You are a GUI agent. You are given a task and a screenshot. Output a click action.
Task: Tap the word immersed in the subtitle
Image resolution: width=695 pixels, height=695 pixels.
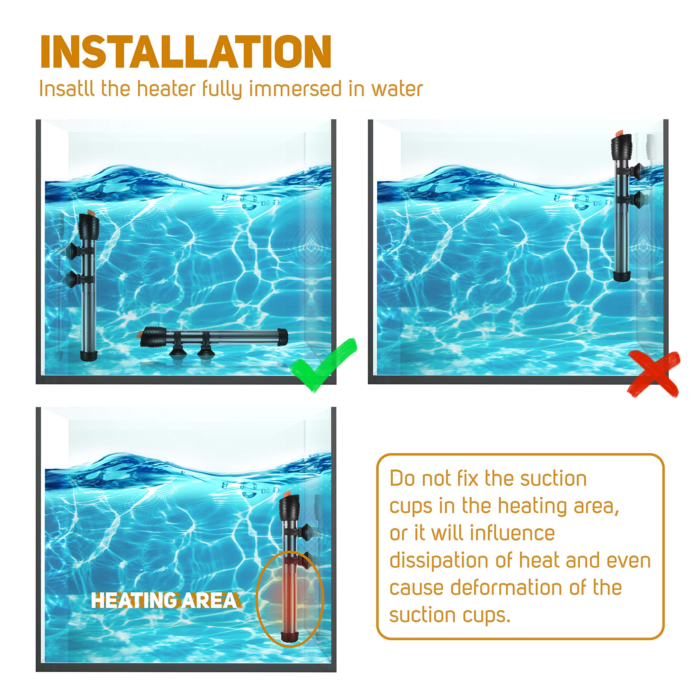pos(295,89)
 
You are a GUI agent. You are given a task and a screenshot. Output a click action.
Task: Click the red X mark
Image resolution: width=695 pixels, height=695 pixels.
pos(653,374)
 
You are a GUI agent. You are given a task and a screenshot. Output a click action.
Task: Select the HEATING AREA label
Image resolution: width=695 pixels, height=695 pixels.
pos(164,601)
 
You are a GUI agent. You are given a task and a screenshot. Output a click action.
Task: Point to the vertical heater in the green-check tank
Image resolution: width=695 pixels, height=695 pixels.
pos(88,288)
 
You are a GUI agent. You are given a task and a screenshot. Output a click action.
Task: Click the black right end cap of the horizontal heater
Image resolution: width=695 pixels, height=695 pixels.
pos(282,337)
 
